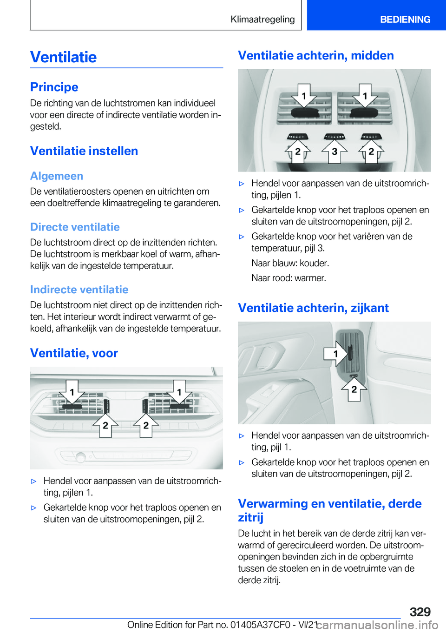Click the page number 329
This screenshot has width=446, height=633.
point(420,612)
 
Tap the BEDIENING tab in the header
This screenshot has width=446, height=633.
point(405,19)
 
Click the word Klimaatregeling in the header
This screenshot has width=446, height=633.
point(262,19)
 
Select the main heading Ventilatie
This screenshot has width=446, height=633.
point(64,57)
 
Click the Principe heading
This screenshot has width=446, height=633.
point(54,87)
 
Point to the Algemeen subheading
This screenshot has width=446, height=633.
point(57,176)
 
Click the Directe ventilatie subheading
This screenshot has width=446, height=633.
point(75,227)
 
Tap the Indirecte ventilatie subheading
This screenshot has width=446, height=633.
point(79,290)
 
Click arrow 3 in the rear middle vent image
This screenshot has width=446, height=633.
point(334,152)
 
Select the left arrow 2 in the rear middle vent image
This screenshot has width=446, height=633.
point(298,152)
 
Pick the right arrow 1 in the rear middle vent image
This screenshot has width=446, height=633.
point(365,96)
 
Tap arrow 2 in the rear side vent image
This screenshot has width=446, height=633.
point(354,389)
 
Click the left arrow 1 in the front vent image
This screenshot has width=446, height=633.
point(72,392)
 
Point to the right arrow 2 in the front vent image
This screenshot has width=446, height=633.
point(146,425)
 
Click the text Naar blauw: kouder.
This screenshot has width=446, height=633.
point(290,263)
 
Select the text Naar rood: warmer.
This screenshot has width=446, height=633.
point(289,278)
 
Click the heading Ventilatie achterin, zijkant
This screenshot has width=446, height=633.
point(313,308)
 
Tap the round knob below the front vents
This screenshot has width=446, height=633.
point(81,457)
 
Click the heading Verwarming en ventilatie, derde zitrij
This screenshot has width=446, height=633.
point(329,510)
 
